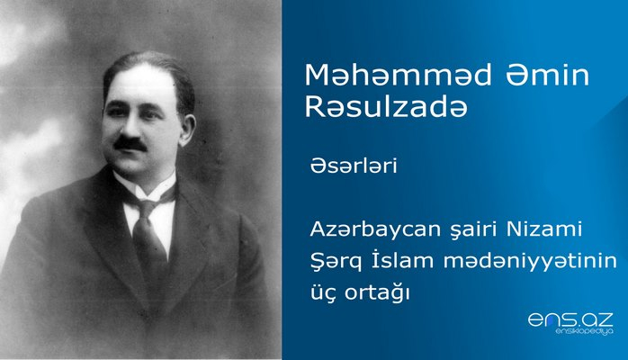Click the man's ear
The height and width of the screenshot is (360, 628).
pos(185,118)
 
